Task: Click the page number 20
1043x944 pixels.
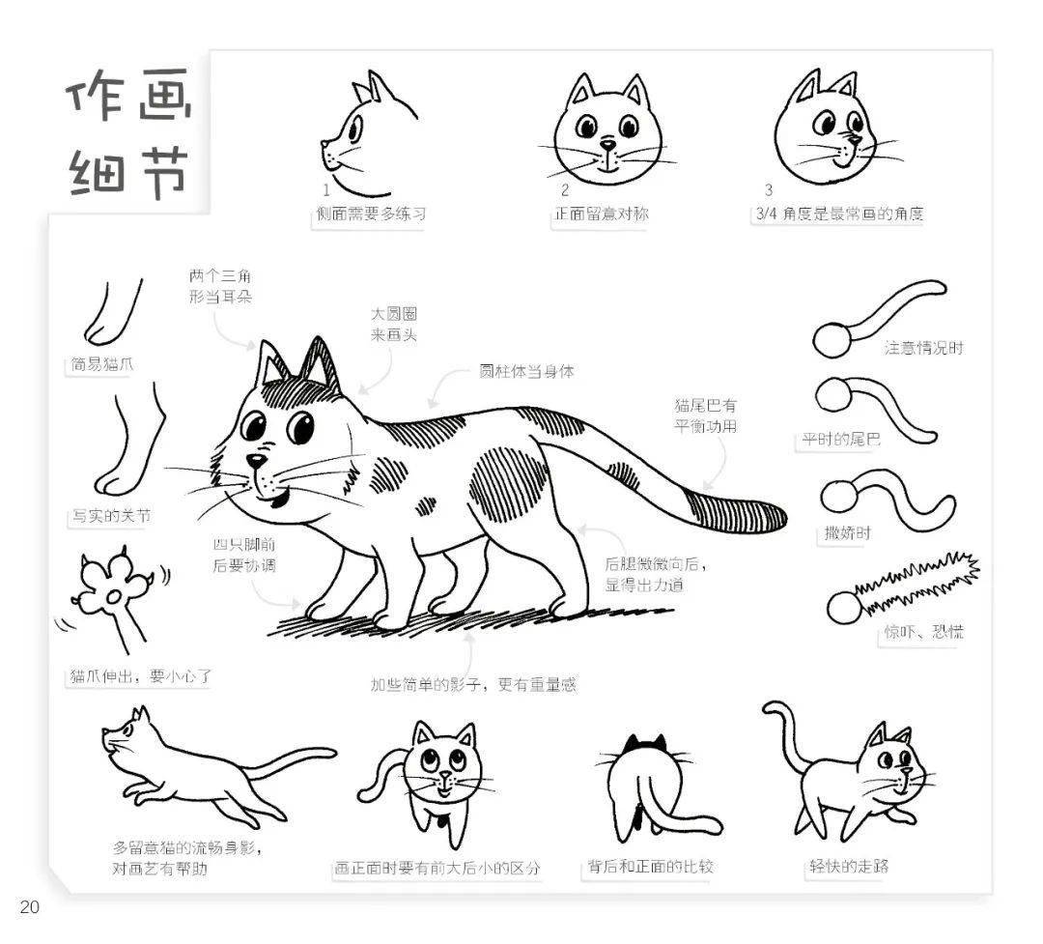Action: [x=28, y=907]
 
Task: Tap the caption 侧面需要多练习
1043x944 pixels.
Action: [x=370, y=215]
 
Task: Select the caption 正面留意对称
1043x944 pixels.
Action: [x=600, y=215]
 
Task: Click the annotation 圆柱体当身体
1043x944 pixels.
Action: [x=526, y=371]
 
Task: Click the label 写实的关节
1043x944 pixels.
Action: [x=109, y=516]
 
